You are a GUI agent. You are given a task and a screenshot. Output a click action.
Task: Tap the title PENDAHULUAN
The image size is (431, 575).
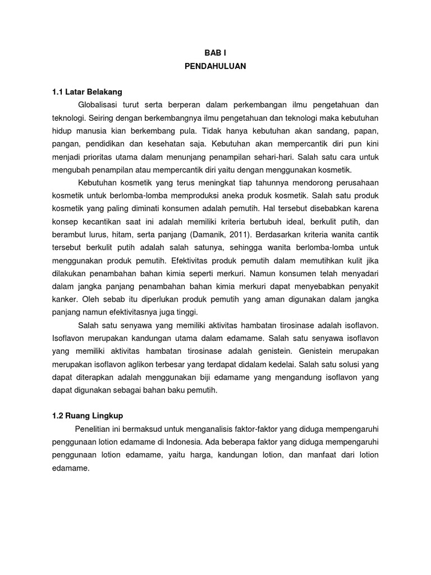[215, 66]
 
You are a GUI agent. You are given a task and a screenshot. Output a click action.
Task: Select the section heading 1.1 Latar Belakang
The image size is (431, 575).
[86, 91]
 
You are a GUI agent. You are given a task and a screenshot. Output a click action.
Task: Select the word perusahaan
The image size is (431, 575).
[352, 183]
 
